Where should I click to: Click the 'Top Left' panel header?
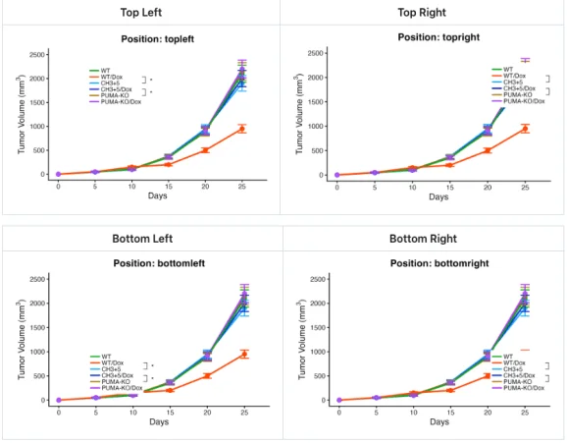142,13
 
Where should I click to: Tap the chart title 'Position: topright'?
425,36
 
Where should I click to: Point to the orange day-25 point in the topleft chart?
242,129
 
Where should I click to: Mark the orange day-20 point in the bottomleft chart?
205,375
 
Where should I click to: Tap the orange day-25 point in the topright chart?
525,129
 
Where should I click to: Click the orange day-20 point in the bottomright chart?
488,375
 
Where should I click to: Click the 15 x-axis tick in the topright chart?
450,186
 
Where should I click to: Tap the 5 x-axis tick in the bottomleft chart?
95,412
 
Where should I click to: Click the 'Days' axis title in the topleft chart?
149,195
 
